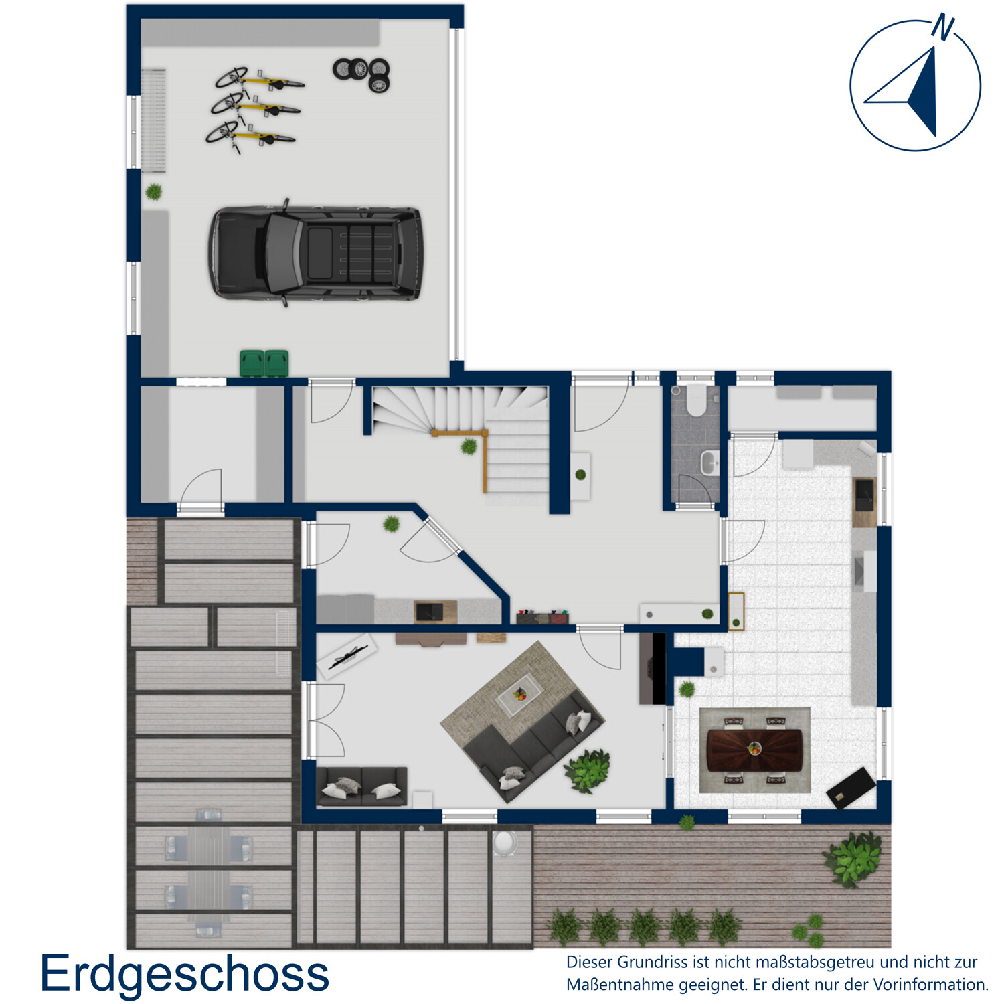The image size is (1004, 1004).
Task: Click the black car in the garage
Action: pos(315,253)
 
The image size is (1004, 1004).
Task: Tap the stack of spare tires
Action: pos(362,73)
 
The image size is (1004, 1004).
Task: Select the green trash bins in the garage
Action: pos(264,363)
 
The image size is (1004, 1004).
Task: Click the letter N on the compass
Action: pos(943,27)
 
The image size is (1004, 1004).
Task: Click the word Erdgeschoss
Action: pos(185,974)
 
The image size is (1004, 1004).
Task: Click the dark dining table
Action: pos(754,750)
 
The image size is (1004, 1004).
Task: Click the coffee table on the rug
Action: pos(520,695)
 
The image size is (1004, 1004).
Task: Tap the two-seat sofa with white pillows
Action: pos(361,786)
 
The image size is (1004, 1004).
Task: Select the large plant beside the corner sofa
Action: pos(588,770)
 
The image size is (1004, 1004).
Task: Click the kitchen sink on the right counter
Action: pos(864,494)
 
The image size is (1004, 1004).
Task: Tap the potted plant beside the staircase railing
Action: pos(469,446)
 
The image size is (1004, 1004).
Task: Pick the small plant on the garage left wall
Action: pos(154,192)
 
